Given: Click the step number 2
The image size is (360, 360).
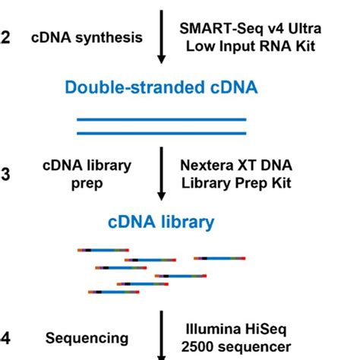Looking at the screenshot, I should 5,36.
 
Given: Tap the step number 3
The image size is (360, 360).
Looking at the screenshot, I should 5,174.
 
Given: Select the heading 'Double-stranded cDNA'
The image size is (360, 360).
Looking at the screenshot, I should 161,87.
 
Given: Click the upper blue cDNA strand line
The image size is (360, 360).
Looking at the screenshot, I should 161,120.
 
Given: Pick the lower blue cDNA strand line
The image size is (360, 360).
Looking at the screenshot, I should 161,134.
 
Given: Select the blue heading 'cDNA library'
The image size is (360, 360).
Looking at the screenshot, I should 160,223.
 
